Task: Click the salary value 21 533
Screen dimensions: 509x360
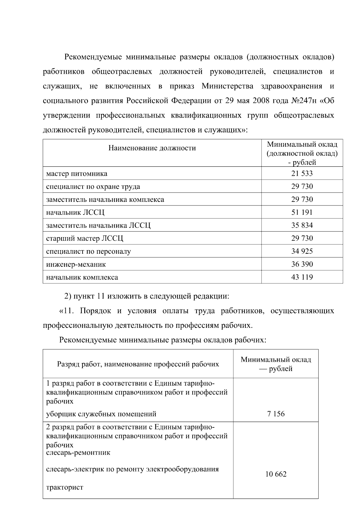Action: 302,173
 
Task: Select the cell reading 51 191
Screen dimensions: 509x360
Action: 302,212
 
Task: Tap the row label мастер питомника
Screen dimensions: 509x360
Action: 76,174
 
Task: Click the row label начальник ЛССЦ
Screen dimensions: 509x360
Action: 75,213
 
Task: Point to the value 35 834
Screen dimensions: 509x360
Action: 302,225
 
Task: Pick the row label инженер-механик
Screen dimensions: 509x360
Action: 76,264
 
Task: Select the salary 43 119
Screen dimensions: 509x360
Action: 302,277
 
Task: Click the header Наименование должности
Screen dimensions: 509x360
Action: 152,148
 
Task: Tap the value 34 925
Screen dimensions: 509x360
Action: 302,251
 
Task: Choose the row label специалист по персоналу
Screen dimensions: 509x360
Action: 88,251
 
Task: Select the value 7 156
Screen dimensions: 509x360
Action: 276,414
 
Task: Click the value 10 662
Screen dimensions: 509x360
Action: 276,474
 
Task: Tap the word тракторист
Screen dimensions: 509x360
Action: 64,487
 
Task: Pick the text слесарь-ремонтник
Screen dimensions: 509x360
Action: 78,452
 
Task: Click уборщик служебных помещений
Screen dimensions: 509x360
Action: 101,414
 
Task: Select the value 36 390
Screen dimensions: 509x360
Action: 302,264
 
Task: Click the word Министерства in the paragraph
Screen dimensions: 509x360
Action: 227,86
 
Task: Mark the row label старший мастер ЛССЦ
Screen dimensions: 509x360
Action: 85,238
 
